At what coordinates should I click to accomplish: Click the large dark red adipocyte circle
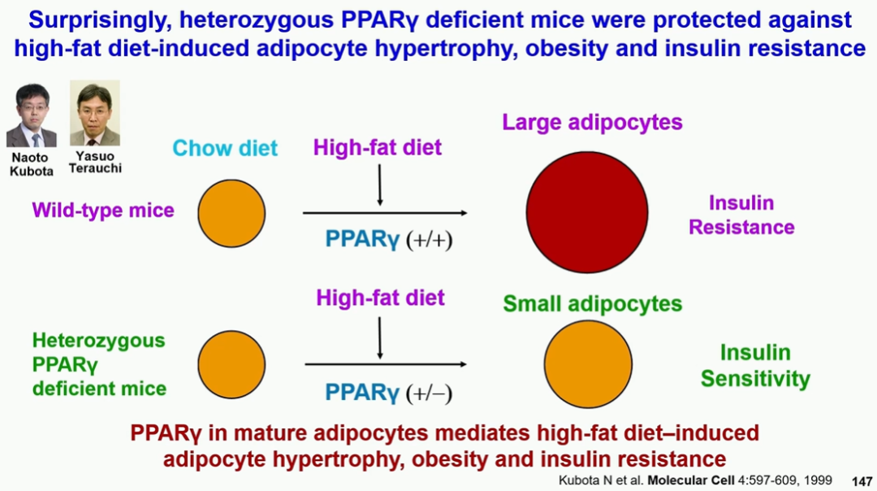(587, 212)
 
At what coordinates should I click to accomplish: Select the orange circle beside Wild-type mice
(231, 213)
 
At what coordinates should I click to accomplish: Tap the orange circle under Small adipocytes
(588, 364)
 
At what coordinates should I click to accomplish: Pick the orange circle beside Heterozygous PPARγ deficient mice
(231, 364)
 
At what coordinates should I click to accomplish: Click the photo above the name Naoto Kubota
(32, 115)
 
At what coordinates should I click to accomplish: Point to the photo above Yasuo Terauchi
(94, 113)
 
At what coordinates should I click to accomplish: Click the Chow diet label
(225, 149)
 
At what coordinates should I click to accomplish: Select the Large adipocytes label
(592, 123)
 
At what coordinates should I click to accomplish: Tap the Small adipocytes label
(592, 304)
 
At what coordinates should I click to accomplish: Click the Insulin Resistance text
(741, 215)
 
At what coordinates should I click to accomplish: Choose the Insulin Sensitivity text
(755, 366)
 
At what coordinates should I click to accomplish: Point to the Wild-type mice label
(103, 211)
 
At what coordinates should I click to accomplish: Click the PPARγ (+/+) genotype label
(389, 240)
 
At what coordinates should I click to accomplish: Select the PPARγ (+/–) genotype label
(389, 393)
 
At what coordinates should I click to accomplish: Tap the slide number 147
(862, 481)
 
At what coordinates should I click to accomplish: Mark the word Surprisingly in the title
(100, 20)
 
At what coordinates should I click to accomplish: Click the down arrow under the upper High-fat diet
(380, 185)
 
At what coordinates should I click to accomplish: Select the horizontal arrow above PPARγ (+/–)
(386, 364)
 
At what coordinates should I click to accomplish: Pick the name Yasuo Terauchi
(94, 163)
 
